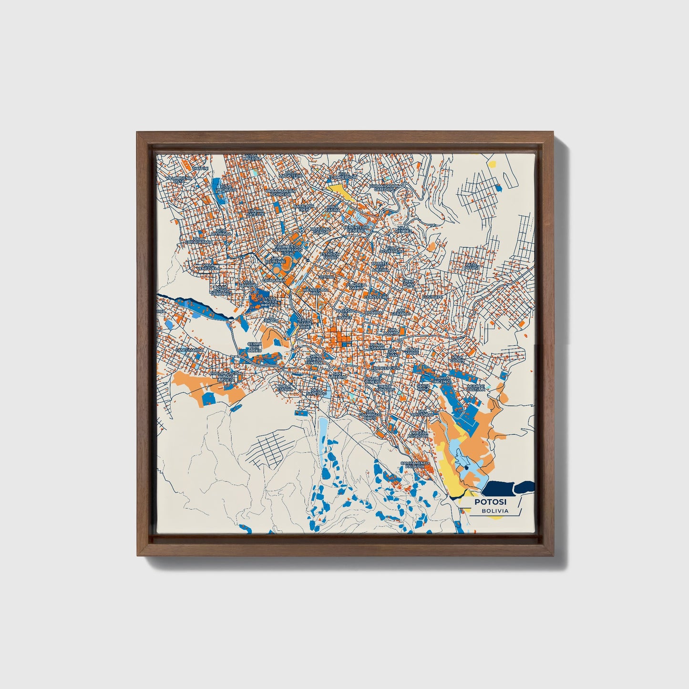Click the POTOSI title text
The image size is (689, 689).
coord(490,502)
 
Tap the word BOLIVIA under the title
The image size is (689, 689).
coord(494,511)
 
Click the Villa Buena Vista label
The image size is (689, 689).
coord(178,180)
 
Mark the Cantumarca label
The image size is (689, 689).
coord(189,350)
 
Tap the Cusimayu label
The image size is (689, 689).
coord(433,296)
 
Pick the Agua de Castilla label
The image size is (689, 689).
coord(476,388)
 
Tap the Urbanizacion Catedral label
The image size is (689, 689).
coord(384,187)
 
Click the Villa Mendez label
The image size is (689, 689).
coord(403,230)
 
